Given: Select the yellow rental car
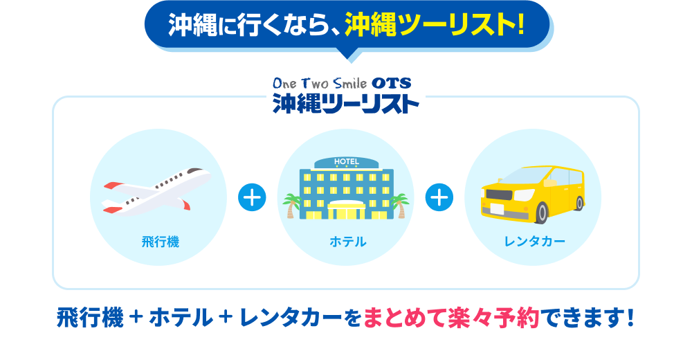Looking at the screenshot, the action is [533, 194].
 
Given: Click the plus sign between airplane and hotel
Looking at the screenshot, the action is [252, 197].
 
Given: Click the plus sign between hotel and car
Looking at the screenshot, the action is [439, 197].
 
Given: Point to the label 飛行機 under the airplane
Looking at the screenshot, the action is [161, 242].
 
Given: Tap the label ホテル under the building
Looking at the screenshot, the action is [348, 242].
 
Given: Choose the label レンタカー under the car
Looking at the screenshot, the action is [535, 242].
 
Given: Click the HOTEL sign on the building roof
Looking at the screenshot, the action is [347, 162].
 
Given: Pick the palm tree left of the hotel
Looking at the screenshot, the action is [292, 206].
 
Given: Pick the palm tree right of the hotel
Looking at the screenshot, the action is [400, 206].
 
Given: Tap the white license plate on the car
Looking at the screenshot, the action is [498, 208].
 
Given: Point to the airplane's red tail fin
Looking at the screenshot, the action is [113, 186].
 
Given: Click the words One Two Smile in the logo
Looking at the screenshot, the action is [320, 83].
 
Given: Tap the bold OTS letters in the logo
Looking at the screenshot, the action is [392, 83].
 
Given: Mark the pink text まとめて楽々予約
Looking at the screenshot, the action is [451, 318].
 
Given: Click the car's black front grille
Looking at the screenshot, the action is [499, 194].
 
